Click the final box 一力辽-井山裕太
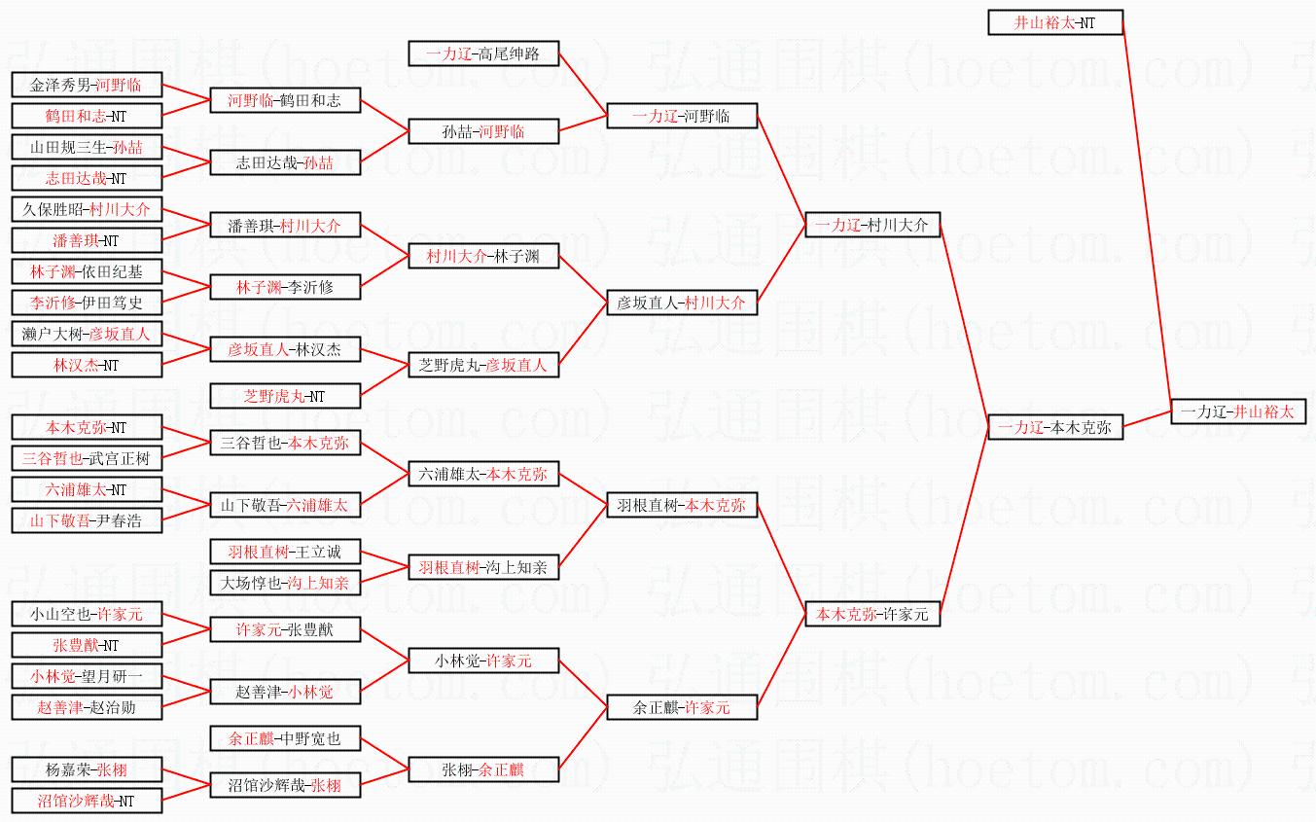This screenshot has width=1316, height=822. (1237, 411)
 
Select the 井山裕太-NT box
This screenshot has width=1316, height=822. (1055, 22)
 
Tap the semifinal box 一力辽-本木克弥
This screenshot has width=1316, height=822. (1055, 427)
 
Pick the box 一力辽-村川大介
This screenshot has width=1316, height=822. (872, 225)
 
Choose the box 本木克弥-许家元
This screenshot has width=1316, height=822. (872, 614)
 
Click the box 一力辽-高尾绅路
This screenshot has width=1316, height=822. (483, 54)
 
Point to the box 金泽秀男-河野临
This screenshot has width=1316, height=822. (87, 85)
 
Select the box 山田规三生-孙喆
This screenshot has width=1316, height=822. (87, 147)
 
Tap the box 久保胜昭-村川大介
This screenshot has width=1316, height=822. (87, 209)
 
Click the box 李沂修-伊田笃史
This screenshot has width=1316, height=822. (87, 303)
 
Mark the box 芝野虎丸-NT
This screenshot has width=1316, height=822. (285, 396)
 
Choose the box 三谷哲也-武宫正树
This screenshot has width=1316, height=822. (87, 458)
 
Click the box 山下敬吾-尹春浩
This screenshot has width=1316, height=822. (87, 520)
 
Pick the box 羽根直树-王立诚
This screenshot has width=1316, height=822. (285, 552)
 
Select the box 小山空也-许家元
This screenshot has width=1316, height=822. (87, 614)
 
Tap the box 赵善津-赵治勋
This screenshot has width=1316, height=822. (87, 707)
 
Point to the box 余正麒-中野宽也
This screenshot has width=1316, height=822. (285, 738)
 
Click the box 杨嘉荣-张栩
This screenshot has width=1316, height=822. (87, 769)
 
